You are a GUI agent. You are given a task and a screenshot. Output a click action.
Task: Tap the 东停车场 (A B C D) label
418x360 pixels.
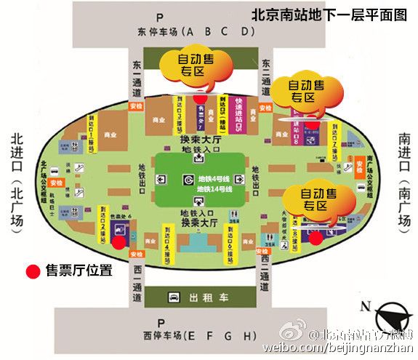(x=195, y=32)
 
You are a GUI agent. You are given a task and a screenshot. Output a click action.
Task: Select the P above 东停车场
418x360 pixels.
(x=196, y=17)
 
